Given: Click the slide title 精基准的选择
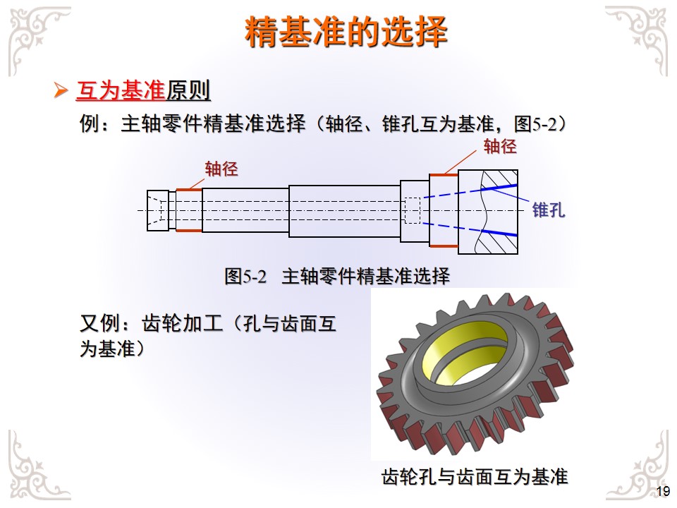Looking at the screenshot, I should click(346, 32).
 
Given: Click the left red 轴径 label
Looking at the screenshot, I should click(221, 169).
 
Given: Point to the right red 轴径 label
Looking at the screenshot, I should click(500, 147).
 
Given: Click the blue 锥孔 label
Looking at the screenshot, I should click(549, 210).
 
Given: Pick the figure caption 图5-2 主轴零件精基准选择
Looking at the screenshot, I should click(337, 276).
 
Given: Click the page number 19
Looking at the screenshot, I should click(662, 492).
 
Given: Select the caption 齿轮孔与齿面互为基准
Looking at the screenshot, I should click(474, 476).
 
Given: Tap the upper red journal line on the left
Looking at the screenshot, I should click(189, 189).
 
